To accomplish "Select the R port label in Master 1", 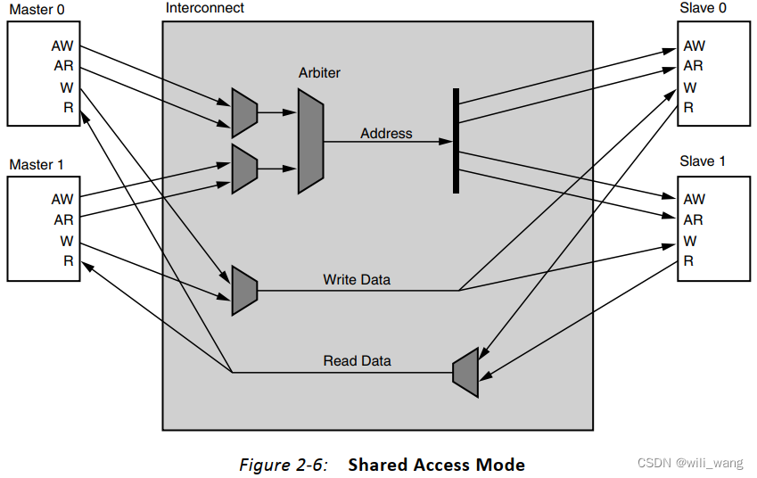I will pyautogui.click(x=67, y=261).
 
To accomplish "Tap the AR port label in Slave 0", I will pyautogui.click(x=693, y=66).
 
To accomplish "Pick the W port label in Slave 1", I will pyautogui.click(x=690, y=241).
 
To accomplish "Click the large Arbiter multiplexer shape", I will pyautogui.click(x=311, y=142).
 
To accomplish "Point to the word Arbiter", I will pyautogui.click(x=319, y=72).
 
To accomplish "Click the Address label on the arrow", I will pyautogui.click(x=386, y=134).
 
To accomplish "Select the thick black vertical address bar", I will pyautogui.click(x=456, y=140).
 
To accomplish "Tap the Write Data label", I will pyautogui.click(x=357, y=280).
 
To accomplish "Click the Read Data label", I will pyautogui.click(x=357, y=361).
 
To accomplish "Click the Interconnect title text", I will pyautogui.click(x=205, y=8).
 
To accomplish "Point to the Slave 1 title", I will pyautogui.click(x=703, y=161).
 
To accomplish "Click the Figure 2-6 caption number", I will pyautogui.click(x=284, y=465).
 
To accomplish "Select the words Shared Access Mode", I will pyautogui.click(x=436, y=465).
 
